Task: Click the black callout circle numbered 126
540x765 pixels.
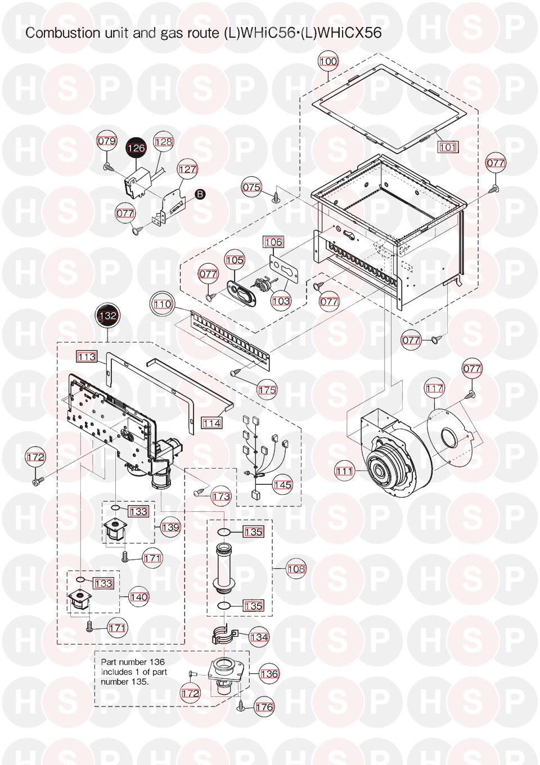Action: point(136,148)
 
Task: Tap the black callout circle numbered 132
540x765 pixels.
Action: point(108,316)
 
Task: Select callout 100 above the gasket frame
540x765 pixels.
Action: point(328,61)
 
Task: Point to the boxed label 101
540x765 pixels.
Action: point(447,147)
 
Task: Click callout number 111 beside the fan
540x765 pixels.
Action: point(344,471)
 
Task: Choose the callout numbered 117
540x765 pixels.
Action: point(434,388)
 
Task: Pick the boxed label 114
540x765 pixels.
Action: point(211,424)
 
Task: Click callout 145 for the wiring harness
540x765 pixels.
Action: point(283,485)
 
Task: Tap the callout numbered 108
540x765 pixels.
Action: point(296,569)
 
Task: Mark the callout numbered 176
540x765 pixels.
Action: point(265,707)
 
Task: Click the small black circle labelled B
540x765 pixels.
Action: point(200,194)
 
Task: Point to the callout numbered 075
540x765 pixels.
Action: point(251,187)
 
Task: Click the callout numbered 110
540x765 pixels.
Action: point(163,304)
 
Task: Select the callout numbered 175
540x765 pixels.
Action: point(267,390)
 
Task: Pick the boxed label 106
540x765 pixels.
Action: point(273,242)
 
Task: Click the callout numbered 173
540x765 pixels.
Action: point(221,496)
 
